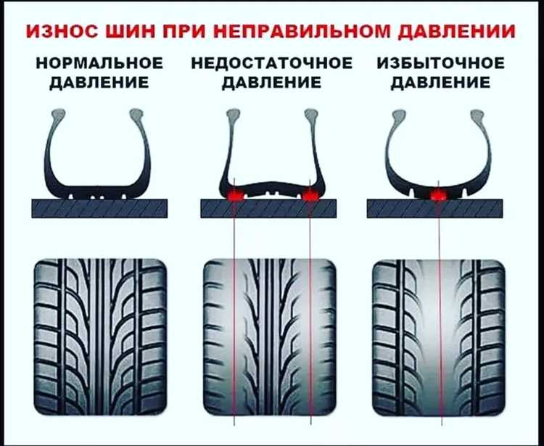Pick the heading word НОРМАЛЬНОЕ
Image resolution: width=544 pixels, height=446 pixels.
coord(99,63)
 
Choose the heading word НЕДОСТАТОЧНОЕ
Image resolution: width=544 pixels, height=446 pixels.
coord(271,63)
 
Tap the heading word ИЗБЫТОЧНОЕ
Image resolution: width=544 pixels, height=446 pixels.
coord(440,63)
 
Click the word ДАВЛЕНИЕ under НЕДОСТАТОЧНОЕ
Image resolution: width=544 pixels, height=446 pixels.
coord(271,82)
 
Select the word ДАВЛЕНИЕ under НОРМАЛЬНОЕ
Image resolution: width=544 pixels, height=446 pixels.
coord(99,82)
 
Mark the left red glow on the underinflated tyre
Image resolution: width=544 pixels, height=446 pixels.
coord(234,195)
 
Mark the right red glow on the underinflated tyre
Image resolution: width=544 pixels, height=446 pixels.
coord(310,195)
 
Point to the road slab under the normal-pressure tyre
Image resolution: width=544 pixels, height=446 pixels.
coord(99,209)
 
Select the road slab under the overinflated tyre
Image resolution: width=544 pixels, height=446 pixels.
coord(435,209)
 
